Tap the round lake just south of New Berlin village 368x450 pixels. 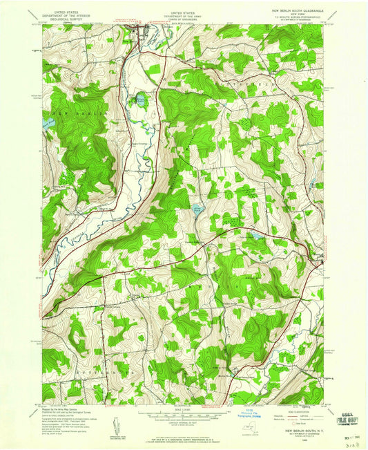coord(141,100)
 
